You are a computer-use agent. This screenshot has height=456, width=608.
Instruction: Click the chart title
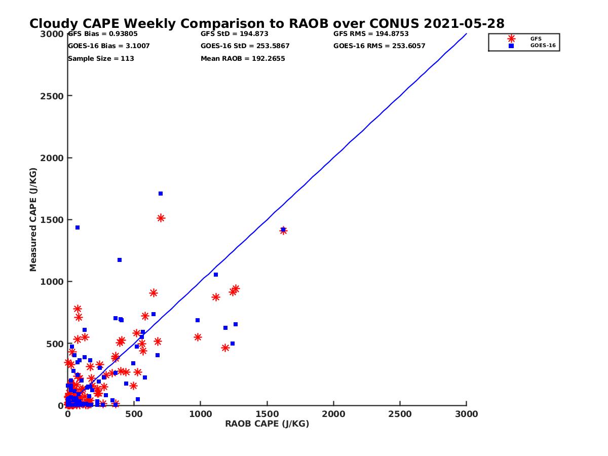267,24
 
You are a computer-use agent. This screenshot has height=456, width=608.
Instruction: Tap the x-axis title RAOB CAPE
267,424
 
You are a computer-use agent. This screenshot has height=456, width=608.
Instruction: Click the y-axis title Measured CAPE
33,219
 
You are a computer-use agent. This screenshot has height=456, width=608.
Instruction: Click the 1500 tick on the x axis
267,414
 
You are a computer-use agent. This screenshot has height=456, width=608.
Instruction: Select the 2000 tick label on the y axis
53,158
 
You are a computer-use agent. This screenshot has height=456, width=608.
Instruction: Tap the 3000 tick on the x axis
466,414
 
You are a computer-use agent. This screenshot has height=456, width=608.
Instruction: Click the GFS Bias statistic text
102,34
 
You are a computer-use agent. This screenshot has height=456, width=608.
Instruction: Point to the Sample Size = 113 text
101,58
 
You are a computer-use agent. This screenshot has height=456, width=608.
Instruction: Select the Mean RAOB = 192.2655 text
243,58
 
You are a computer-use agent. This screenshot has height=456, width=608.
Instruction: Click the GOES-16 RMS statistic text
379,46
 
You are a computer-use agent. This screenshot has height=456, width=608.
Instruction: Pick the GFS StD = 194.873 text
234,34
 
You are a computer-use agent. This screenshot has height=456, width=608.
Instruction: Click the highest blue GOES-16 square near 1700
161,194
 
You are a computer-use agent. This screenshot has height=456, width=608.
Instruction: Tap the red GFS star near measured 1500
161,218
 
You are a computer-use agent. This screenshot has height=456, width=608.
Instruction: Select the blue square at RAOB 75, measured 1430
78,227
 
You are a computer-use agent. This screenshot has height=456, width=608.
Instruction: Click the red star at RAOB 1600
283,231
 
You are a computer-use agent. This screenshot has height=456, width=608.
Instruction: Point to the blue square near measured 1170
120,260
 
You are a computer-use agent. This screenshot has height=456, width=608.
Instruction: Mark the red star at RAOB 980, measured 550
198,337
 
